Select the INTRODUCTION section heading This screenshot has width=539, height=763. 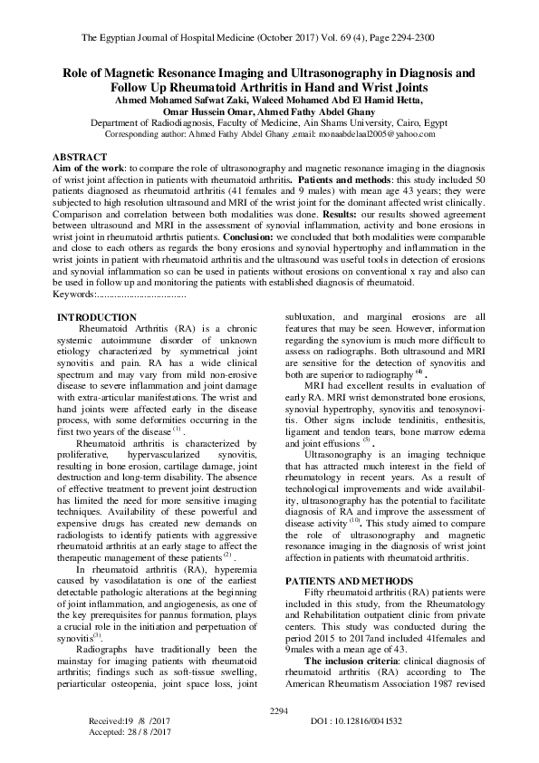coord(98,317)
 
